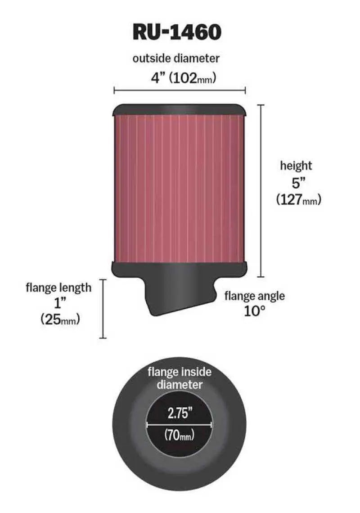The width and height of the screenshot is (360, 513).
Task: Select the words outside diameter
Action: [176, 58]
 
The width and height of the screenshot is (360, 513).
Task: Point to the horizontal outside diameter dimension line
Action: [180, 90]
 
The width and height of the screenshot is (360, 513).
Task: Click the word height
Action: [296, 166]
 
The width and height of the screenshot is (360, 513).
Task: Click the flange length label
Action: [58, 287]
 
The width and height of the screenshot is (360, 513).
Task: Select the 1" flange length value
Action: [58, 303]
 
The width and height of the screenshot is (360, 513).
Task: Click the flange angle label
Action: [255, 296]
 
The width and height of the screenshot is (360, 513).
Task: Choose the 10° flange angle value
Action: [254, 311]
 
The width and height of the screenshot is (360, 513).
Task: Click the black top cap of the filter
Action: [180, 109]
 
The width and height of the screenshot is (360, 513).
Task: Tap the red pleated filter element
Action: [180, 189]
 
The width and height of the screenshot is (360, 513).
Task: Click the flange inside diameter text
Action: [180, 378]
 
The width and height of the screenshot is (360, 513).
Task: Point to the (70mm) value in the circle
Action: [179, 435]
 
